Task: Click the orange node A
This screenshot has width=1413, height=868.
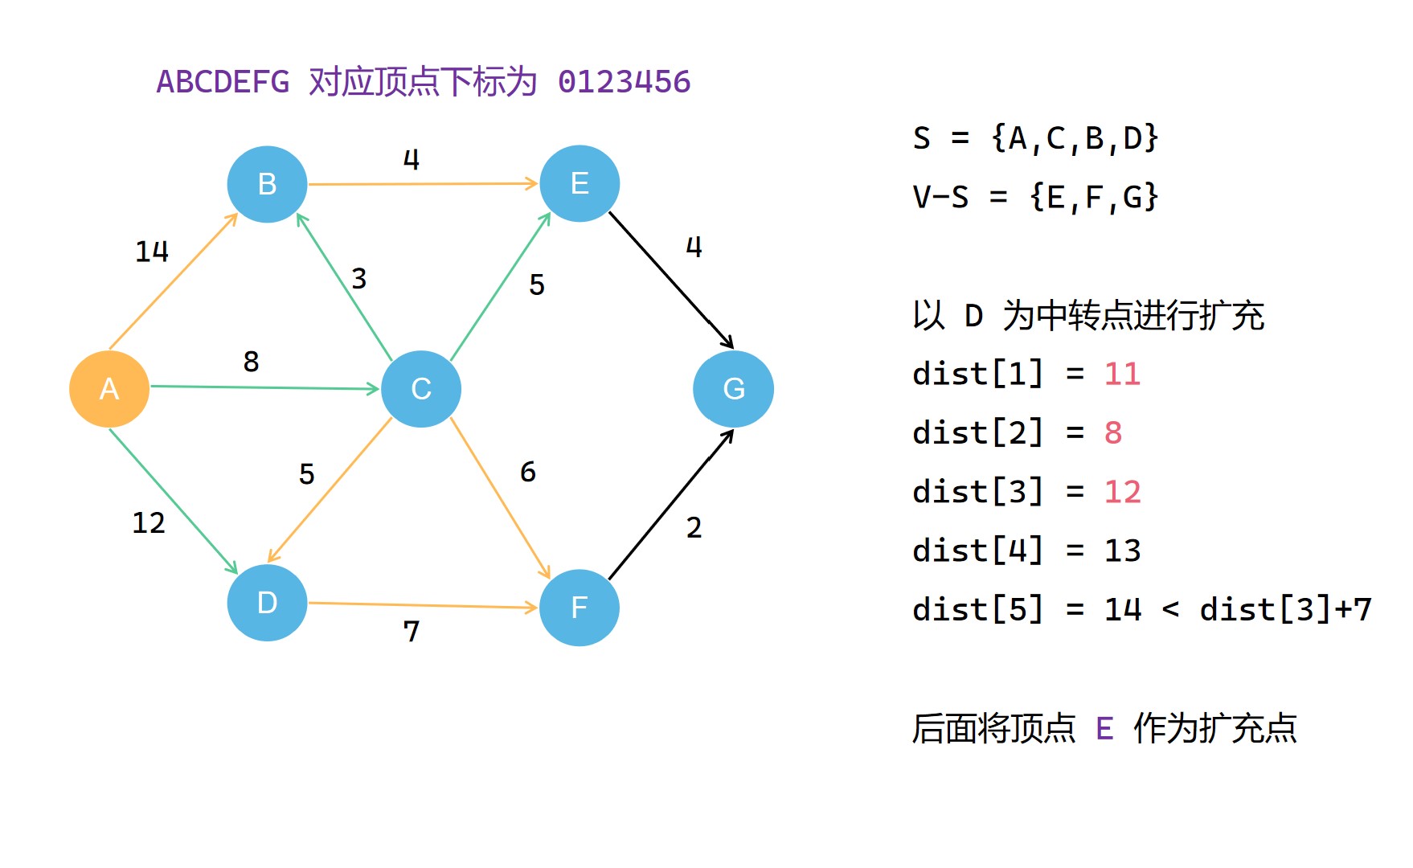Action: (x=109, y=389)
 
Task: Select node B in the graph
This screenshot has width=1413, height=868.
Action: (x=267, y=184)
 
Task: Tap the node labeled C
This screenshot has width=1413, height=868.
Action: (x=421, y=389)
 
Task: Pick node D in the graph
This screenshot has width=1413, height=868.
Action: (x=267, y=603)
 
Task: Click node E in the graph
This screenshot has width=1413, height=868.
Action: (x=580, y=183)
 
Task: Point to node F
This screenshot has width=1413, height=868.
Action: (x=580, y=608)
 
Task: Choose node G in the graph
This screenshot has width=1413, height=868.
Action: (x=733, y=389)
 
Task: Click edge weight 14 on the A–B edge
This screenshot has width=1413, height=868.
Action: (x=152, y=252)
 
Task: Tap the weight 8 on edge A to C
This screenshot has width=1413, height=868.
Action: (x=251, y=362)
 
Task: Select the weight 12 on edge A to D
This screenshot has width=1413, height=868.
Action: (x=149, y=523)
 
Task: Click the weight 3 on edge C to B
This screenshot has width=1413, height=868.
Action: (x=358, y=279)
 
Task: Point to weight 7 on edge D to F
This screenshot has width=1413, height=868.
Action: (x=411, y=632)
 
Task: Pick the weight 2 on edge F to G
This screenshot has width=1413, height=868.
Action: (x=694, y=528)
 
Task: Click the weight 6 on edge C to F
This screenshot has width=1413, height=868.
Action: (x=527, y=472)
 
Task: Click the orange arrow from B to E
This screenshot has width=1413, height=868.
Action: (x=423, y=184)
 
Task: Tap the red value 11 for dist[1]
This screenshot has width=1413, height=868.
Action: (x=1122, y=375)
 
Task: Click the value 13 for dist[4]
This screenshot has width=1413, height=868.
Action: (x=1122, y=551)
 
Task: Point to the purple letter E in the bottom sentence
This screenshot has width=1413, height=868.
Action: (x=1104, y=729)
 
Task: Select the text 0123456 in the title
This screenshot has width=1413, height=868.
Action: (x=624, y=82)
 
